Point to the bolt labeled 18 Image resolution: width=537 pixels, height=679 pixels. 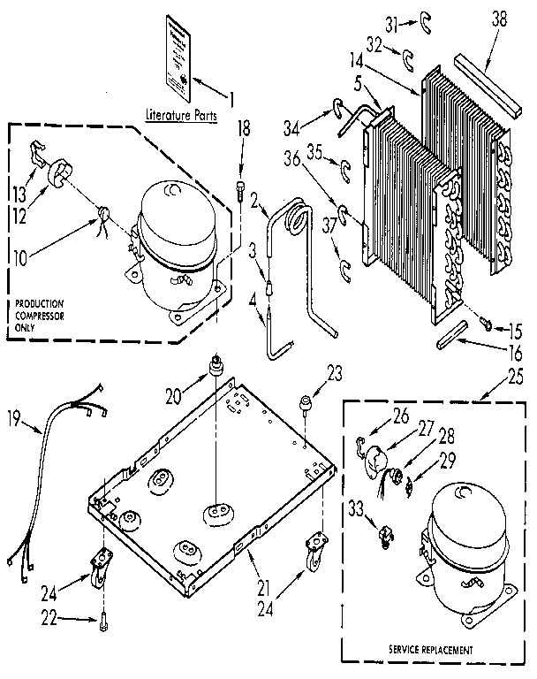241,188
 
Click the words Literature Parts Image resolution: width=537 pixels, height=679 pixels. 183,114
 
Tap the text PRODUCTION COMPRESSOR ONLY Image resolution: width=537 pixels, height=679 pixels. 40,317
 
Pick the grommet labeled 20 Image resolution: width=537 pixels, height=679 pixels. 213,365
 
